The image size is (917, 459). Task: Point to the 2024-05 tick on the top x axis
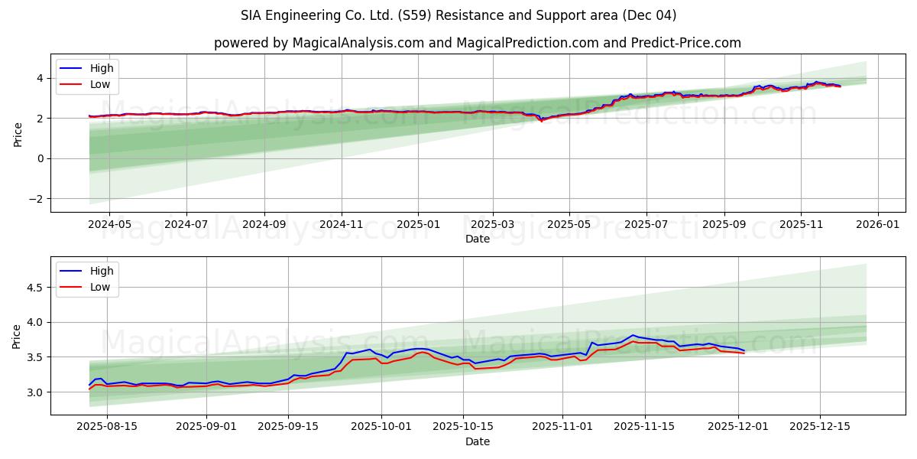coord(109,225)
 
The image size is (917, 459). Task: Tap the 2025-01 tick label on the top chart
coord(418,225)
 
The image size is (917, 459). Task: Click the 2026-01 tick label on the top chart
coord(877,225)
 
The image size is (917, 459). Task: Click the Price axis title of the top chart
coord(18,134)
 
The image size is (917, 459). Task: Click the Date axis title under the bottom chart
coord(478,441)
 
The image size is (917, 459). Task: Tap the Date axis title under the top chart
coord(478,239)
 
